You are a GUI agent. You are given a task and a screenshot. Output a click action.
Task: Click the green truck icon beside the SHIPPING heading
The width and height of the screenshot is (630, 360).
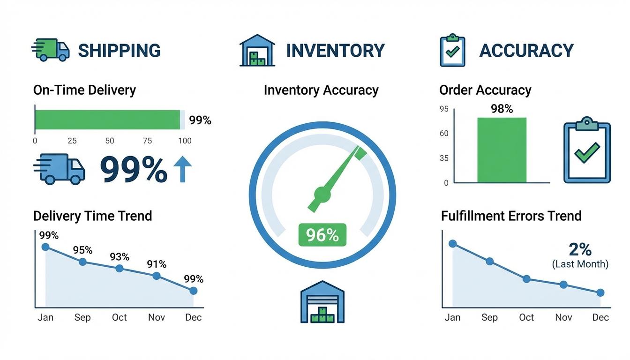[51, 50]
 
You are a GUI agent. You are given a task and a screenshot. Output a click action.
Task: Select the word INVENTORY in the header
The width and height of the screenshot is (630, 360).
[335, 51]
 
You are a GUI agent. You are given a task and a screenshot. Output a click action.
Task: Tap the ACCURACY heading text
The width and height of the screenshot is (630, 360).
[526, 51]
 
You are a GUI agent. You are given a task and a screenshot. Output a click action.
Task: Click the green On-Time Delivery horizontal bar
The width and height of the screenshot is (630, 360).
[107, 120]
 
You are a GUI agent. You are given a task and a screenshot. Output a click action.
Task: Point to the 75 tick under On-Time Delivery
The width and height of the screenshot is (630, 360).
[147, 141]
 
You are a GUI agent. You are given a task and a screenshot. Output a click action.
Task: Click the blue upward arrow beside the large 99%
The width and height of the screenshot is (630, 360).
[182, 169]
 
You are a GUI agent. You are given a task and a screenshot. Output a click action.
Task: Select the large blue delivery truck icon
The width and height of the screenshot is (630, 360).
[60, 169]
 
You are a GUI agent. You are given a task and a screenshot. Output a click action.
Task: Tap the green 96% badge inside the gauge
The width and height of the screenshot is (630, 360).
[322, 235]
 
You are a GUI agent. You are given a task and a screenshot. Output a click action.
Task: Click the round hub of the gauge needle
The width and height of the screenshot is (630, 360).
[322, 193]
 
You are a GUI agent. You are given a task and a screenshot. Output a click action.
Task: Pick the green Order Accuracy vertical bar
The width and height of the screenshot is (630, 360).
[502, 150]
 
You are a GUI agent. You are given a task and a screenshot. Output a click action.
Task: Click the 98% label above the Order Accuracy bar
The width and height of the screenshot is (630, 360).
[502, 109]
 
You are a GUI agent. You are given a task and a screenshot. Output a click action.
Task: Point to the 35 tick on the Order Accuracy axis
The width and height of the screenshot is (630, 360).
[443, 158]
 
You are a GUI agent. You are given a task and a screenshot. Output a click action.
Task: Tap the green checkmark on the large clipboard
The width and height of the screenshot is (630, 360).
[586, 153]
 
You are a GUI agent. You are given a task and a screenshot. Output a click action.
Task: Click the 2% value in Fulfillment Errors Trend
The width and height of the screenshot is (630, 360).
[580, 249]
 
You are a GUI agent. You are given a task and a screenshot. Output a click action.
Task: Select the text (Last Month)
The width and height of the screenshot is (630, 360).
[580, 264]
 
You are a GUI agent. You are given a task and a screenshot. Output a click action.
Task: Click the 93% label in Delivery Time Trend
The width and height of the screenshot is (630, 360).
[120, 257]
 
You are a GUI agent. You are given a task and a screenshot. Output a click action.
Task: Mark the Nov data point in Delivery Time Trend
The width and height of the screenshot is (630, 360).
[157, 276]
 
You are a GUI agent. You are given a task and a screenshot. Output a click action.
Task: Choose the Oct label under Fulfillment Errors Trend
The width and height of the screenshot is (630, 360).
[526, 317]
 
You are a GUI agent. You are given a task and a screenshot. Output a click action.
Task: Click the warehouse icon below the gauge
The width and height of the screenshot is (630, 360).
[322, 302]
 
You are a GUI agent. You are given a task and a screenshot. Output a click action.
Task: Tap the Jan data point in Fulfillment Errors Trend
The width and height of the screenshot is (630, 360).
[452, 243]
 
